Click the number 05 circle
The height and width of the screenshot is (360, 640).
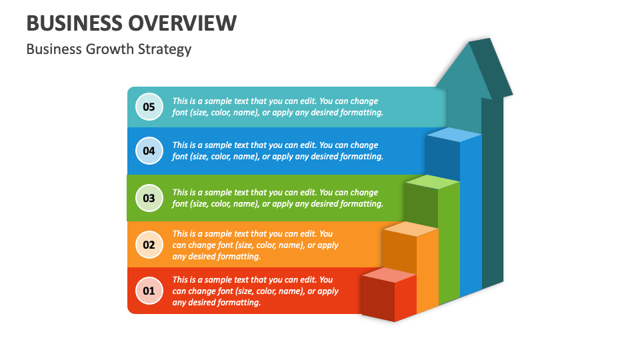(149, 107)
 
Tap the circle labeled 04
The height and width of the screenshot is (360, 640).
(149, 151)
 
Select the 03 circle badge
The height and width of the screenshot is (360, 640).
(149, 198)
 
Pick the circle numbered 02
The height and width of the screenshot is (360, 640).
(149, 245)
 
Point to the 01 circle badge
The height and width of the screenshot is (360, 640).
(149, 291)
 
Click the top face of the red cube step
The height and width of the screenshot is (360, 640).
(389, 275)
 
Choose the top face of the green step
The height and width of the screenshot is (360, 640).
(433, 182)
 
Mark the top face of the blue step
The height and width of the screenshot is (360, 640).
(454, 135)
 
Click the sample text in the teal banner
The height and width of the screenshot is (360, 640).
(277, 107)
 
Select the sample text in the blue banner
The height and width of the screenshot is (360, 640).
(277, 151)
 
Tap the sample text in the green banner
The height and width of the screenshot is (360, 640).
(277, 198)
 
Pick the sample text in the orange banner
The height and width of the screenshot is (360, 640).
(256, 245)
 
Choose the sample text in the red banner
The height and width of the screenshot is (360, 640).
(256, 291)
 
